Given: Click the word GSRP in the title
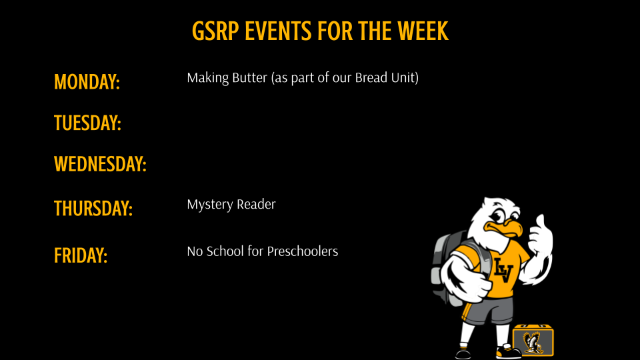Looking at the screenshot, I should coord(215,31).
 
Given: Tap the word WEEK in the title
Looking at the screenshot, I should coord(424,31).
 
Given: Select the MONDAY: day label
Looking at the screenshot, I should coord(87,83).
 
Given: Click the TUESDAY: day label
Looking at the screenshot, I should coord(87,123).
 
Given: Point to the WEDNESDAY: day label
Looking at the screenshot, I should coord(100,164).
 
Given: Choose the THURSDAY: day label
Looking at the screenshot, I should coord(93,209).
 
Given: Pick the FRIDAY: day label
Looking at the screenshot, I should coord(81,255).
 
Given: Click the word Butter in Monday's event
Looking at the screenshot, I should coord(249,78).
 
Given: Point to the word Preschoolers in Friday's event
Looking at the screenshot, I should coord(303,251).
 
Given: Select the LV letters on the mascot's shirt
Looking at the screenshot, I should coord(502,269).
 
